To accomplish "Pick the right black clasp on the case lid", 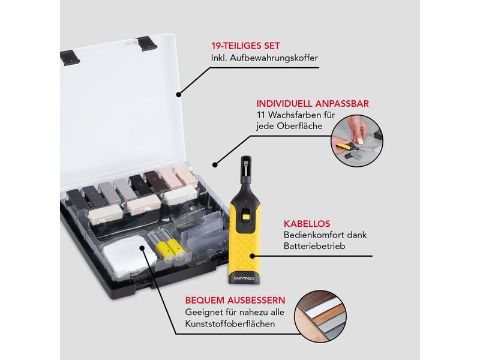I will coord(147,43).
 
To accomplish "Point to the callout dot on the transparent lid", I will coord(178,94).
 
